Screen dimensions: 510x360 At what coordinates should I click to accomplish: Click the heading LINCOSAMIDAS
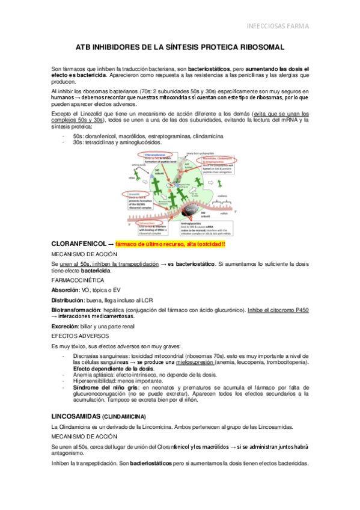pos(77,416)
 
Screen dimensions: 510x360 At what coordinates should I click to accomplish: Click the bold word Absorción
pos(65,289)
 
